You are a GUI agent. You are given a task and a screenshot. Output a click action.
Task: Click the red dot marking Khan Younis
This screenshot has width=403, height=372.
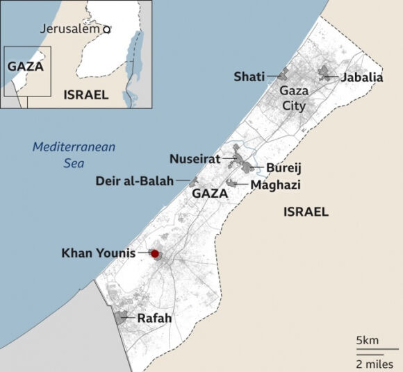(155, 254)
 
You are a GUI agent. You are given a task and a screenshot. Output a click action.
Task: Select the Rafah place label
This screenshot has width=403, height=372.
(154, 319)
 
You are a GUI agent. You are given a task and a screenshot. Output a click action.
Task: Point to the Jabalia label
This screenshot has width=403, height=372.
(361, 77)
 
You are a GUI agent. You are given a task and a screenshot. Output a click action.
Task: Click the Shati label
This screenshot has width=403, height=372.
(248, 76)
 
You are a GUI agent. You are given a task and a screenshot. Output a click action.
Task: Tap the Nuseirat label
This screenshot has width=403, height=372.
(195, 158)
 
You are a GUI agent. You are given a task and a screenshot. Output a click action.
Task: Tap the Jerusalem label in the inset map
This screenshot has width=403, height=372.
(70, 28)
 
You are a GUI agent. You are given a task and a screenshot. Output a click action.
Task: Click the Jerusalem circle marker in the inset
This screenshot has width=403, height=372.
(106, 29)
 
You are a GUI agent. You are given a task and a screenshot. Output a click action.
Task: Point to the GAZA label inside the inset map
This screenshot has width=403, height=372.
(25, 67)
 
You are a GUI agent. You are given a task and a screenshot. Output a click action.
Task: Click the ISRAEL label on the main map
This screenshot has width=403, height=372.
(306, 212)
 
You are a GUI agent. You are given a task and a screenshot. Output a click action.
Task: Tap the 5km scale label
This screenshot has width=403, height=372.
(367, 340)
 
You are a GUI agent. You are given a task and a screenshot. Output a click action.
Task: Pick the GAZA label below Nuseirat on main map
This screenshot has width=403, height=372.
(210, 194)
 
